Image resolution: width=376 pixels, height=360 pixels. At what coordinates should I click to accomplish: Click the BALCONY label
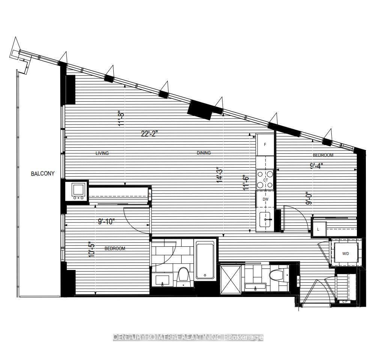pyautogui.click(x=43, y=174)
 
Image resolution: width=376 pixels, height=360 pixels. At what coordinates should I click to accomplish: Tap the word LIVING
pyautogui.click(x=102, y=153)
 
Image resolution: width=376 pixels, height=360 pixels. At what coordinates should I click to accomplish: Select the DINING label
pyautogui.click(x=204, y=153)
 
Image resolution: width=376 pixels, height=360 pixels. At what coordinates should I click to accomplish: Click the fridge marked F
pyautogui.click(x=265, y=144)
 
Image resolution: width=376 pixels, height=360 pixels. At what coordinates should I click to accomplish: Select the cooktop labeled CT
pyautogui.click(x=265, y=180)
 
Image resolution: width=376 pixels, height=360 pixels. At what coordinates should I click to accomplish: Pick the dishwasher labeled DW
pyautogui.click(x=265, y=199)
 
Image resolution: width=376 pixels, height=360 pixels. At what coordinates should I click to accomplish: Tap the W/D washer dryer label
pyautogui.click(x=345, y=254)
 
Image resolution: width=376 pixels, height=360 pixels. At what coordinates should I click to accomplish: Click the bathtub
pyautogui.click(x=205, y=259)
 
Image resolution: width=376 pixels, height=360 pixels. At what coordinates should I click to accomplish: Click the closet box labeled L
pyautogui.click(x=318, y=229)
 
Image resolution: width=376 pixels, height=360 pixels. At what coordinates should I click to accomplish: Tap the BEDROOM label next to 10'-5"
pyautogui.click(x=115, y=249)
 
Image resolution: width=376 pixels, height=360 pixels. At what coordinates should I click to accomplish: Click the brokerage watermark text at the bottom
pyautogui.click(x=188, y=337)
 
